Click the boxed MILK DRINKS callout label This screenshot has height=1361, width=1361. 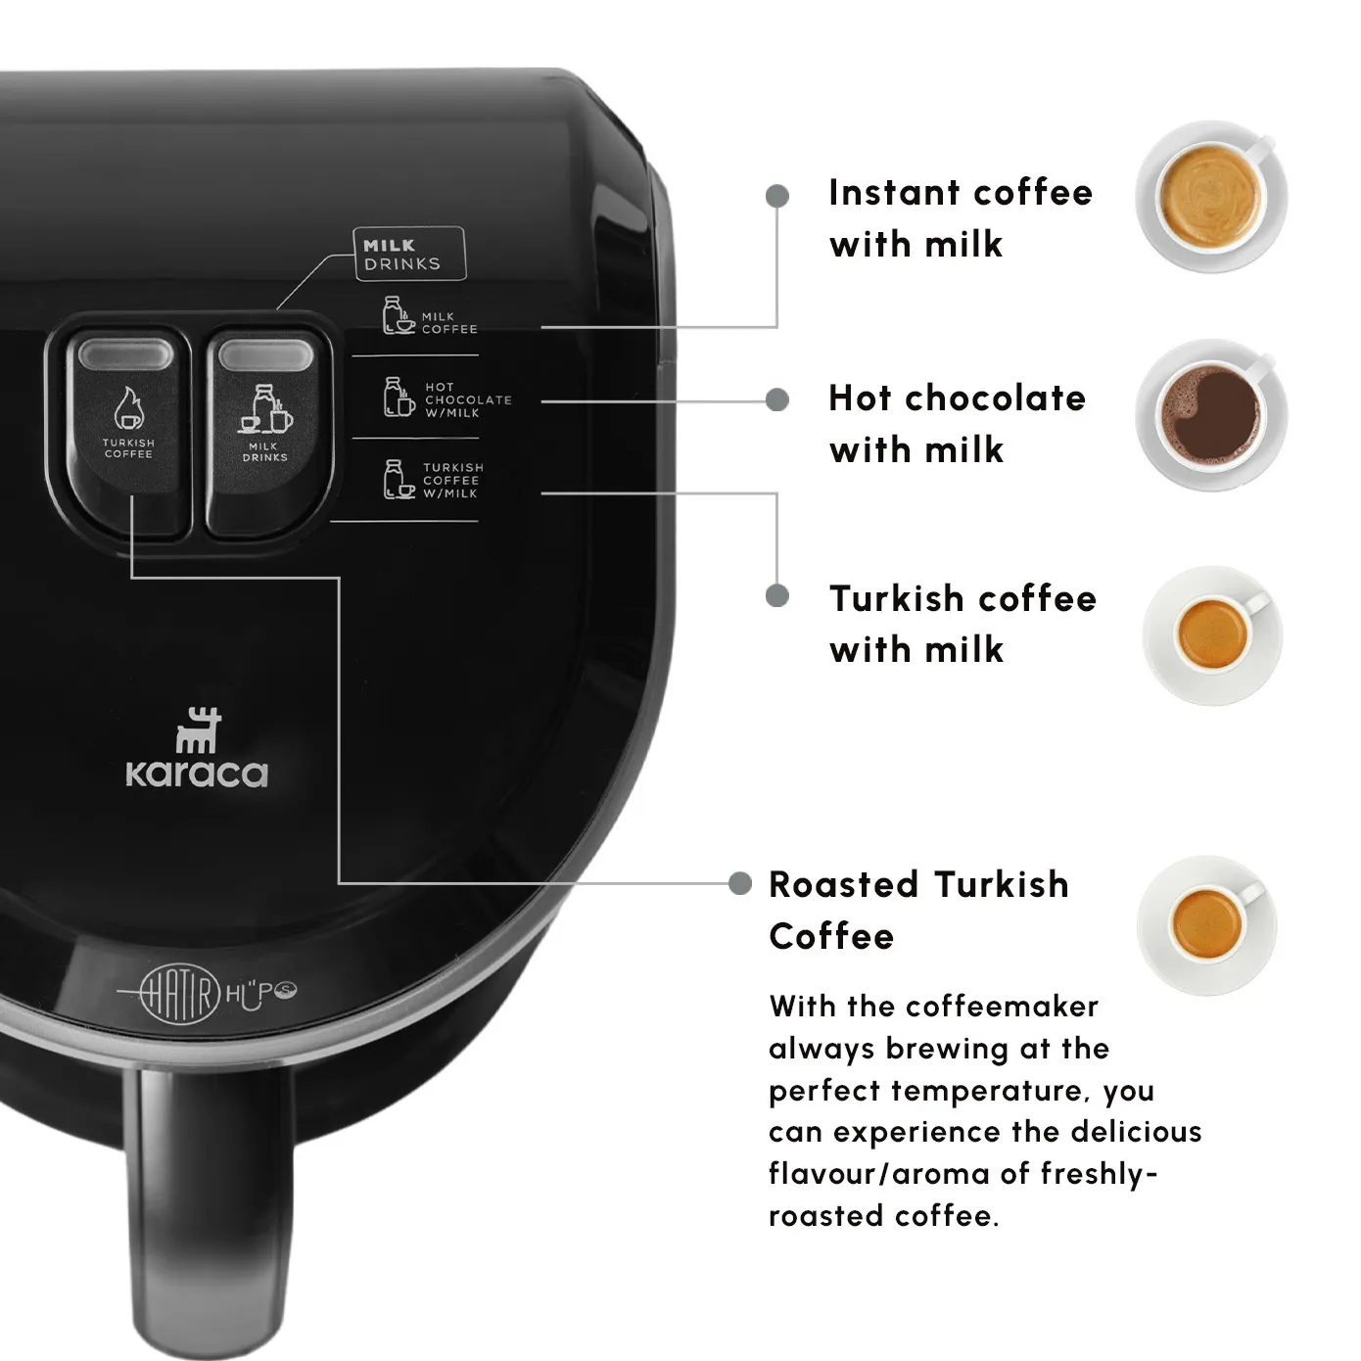click(409, 254)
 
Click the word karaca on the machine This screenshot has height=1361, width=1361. click(197, 774)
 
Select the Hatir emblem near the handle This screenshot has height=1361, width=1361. click(180, 993)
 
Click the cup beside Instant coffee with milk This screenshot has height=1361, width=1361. click(1210, 197)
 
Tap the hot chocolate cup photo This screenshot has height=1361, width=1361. click(1210, 415)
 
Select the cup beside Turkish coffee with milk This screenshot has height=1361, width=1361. click(1213, 634)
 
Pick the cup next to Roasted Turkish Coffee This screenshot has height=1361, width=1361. click(1207, 925)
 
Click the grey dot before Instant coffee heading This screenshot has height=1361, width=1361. click(776, 196)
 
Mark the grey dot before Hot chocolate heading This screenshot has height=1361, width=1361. click(776, 399)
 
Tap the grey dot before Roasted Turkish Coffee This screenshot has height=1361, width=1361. click(739, 883)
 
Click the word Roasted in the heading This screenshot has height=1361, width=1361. click(844, 884)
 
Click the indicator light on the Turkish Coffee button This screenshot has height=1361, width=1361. click(125, 353)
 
